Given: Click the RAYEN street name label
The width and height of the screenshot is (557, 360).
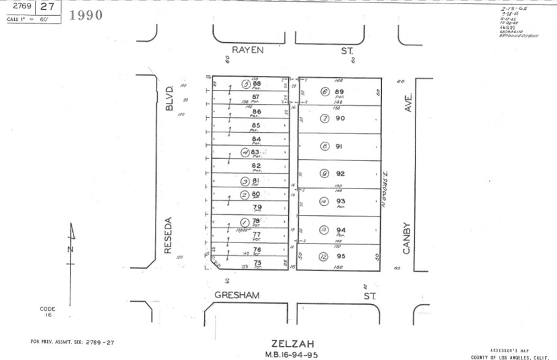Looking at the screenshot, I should click(x=247, y=50).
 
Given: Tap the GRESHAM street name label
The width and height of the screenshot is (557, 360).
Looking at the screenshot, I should click(x=237, y=295).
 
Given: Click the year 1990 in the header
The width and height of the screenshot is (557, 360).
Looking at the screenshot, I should click(x=86, y=15).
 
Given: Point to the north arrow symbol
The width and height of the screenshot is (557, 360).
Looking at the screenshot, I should click(x=71, y=245).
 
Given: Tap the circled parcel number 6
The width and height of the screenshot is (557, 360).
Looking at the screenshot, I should click(x=325, y=92).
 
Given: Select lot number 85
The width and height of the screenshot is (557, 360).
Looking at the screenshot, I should click(x=256, y=126).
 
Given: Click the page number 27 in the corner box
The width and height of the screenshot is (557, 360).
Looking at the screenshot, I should click(x=48, y=7).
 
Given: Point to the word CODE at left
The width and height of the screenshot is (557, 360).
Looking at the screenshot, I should click(x=48, y=309).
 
